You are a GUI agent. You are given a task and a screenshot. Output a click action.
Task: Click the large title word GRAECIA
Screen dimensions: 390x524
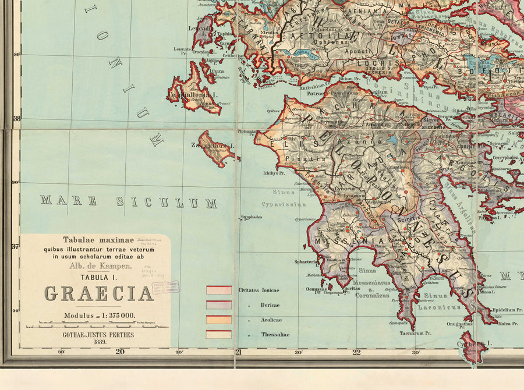coord(99,294)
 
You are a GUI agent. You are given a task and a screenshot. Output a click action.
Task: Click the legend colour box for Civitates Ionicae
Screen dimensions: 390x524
coord(218,290)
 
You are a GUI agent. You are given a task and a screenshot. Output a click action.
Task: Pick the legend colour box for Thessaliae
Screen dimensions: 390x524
coord(218,334)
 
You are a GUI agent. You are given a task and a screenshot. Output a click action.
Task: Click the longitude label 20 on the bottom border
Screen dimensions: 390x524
coord(120,352)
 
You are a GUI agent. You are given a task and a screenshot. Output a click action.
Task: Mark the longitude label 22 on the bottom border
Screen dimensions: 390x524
coord(356,352)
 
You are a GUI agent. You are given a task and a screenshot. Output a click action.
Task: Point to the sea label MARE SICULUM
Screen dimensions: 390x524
coord(128,202)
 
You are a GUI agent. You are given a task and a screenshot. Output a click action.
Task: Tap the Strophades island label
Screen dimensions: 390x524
coord(252,217)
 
